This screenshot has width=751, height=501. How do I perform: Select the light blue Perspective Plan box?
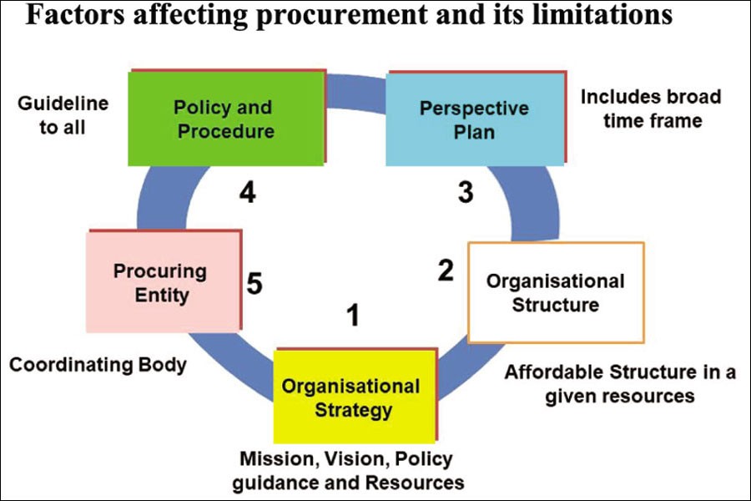click(474, 119)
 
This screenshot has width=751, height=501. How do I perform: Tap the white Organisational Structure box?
click(555, 292)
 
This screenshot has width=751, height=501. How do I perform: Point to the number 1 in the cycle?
click(354, 316)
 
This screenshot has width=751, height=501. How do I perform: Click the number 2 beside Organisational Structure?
click(446, 270)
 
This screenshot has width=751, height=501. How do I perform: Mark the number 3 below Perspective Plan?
click(466, 193)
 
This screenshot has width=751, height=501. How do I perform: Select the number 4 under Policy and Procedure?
click(246, 193)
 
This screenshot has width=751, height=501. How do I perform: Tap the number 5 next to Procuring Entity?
click(255, 284)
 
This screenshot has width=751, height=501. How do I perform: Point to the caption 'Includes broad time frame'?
click(651, 109)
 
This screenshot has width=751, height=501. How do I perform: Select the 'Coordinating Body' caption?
click(98, 365)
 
